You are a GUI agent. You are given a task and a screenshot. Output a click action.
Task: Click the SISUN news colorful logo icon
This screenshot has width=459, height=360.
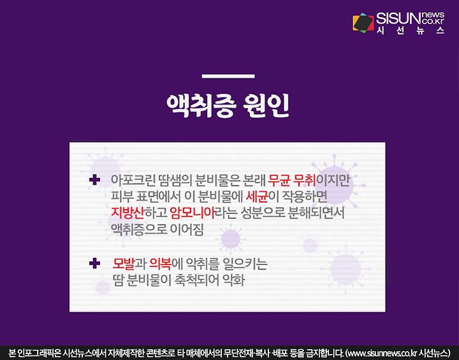pos(363,22)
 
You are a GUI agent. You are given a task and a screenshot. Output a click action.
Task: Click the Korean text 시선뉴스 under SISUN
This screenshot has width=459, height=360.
pos(411,30)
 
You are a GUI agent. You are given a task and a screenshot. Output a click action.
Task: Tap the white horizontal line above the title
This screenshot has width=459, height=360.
pos(228,76)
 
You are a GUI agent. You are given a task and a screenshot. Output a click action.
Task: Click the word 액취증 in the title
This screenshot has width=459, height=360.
pos(201,105)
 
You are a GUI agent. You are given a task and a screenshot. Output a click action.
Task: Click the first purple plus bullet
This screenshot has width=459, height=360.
pos(94,180)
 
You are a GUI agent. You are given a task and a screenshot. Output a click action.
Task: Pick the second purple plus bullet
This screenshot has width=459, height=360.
pos(94,263)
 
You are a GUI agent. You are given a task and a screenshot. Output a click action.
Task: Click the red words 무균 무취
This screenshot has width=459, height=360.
pos(292,180)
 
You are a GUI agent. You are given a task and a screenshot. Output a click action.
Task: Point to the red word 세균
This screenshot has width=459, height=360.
pos(257,197)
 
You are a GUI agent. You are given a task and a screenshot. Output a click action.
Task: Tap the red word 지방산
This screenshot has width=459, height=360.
pos(128,213)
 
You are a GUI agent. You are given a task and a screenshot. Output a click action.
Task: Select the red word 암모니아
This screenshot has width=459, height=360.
pos(193,213)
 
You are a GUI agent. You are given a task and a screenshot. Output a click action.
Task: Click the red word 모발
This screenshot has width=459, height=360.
pos(124,264)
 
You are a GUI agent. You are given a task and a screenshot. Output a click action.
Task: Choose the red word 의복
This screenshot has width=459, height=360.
pos(160,264)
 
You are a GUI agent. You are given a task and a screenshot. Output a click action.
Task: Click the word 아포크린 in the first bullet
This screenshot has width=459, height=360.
pos(133,180)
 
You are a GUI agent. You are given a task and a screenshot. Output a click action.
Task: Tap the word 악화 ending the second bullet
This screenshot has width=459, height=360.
pos(233,280)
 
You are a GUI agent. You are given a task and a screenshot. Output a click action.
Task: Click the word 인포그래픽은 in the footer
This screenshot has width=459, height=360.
pos(38,352)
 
